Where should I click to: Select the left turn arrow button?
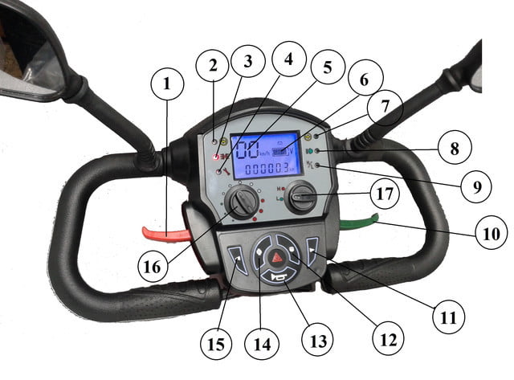tap(238, 258)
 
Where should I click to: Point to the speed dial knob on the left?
tap(240, 203)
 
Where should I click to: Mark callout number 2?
tap(212, 65)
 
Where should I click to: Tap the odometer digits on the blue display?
tap(268, 169)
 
